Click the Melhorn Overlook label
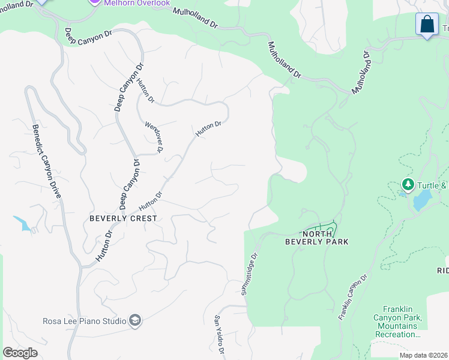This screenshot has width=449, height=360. [137, 3]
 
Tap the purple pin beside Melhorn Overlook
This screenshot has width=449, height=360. [94, 2]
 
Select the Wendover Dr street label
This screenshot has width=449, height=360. [154, 137]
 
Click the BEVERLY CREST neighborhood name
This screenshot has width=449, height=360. [123, 218]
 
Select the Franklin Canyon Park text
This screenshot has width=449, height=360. [398, 321]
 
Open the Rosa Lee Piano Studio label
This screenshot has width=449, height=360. [84, 321]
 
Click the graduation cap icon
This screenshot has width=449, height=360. [135, 321]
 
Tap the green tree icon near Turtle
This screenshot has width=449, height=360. [408, 184]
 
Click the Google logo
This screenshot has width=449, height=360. [20, 353]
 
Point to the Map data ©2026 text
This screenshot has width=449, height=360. [424, 355]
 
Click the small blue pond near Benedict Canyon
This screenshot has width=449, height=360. [23, 223]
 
